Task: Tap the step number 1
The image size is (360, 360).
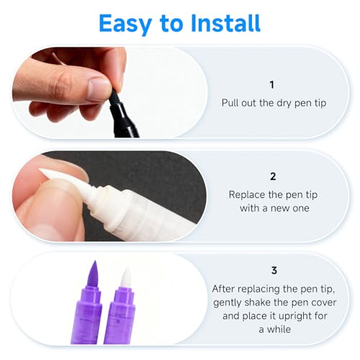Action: tap(273, 84)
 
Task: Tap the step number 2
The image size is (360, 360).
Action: tap(273, 176)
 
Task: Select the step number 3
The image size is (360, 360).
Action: tap(273, 271)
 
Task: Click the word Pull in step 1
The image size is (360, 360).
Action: tap(231, 103)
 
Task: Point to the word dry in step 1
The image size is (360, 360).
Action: tap(284, 103)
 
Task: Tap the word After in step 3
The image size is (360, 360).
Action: tap(225, 288)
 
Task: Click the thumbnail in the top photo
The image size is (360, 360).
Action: tap(98, 89)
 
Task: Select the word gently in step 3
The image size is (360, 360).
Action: tap(230, 301)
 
